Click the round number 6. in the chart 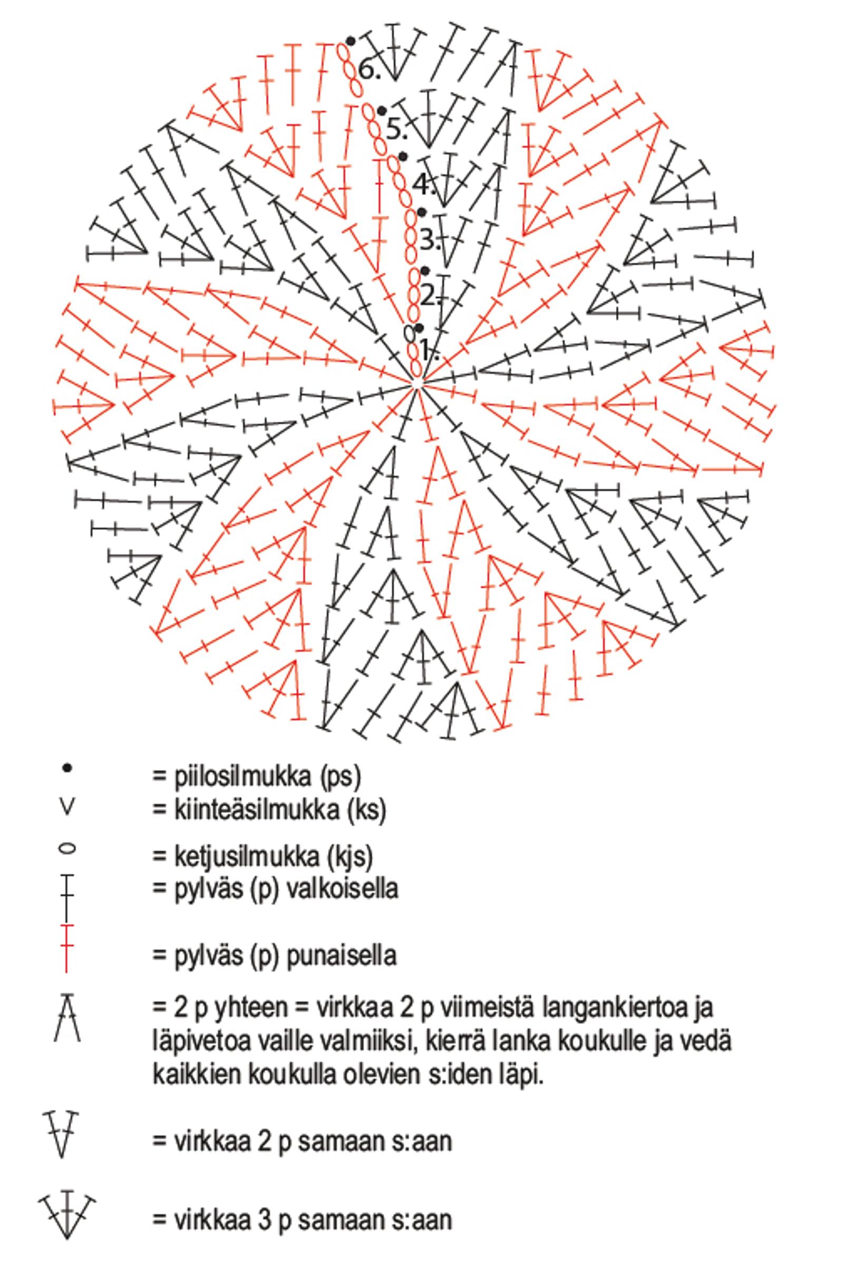[x=369, y=69]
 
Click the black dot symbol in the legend [x=67, y=768]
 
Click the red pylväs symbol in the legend [x=66, y=949]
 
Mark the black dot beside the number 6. [x=351, y=41]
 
